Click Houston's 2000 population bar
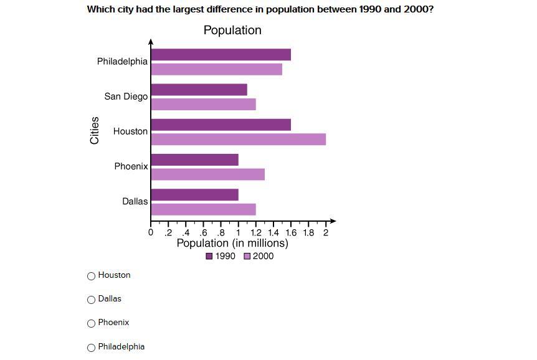click(238, 139)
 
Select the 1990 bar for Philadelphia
click(221, 55)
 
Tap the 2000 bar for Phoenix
click(207, 174)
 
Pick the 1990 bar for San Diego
click(199, 90)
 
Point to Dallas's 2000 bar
click(203, 209)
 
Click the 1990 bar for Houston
click(221, 125)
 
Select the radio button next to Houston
click(92, 276)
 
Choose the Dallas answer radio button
click(92, 300)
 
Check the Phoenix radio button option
click(92, 323)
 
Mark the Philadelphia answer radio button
click(92, 348)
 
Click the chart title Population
click(232, 30)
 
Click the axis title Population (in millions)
click(232, 244)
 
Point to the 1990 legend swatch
click(209, 257)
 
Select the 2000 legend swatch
click(247, 257)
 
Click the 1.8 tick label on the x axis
click(308, 233)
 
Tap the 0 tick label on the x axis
click(151, 233)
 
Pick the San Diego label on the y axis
click(126, 97)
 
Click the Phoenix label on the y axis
click(131, 166)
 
